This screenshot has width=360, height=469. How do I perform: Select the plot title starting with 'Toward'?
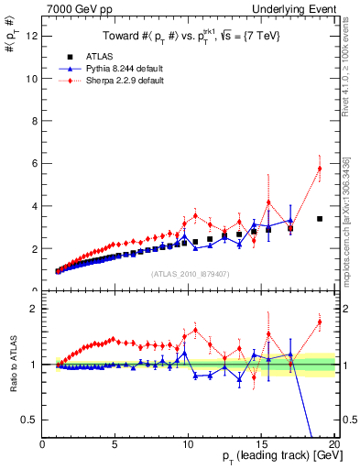(x=191, y=36)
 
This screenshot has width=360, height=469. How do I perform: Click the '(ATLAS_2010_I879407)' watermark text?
(x=191, y=274)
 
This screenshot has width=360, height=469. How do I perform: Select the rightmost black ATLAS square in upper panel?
(x=320, y=219)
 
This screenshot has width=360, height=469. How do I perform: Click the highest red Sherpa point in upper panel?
(x=320, y=169)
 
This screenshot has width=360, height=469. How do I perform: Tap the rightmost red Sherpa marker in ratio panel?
(x=320, y=322)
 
